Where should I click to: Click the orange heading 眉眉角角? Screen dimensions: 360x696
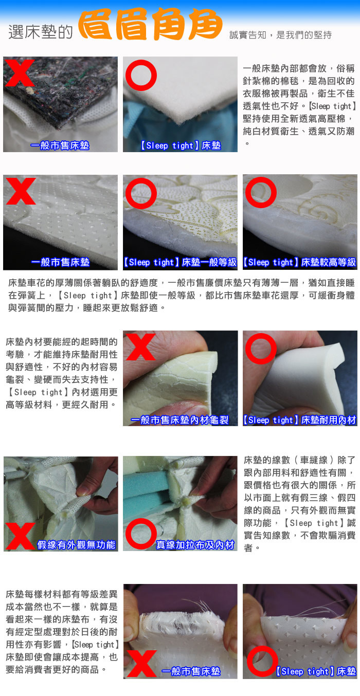coord(150,24)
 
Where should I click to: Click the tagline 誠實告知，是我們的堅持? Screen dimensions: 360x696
coord(280,35)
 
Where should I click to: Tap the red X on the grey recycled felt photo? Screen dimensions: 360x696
coord(19,73)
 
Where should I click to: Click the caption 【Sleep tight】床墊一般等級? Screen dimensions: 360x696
coord(180,262)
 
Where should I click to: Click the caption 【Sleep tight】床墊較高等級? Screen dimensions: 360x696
coord(299,262)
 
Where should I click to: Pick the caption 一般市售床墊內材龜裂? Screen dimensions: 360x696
coord(179,420)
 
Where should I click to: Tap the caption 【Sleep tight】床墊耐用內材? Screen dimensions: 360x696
coord(299,420)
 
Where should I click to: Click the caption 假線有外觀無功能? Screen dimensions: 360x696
coord(76,545)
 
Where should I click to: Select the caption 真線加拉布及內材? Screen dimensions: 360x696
coord(195,545)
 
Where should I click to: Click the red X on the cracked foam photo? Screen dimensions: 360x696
coord(140,347)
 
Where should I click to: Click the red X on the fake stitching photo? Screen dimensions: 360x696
coord(21,536)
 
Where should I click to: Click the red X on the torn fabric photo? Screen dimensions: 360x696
coord(142,664)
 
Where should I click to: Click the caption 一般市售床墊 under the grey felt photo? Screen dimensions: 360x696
coord(60,145)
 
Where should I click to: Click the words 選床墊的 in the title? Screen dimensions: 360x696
coord(41,32)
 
